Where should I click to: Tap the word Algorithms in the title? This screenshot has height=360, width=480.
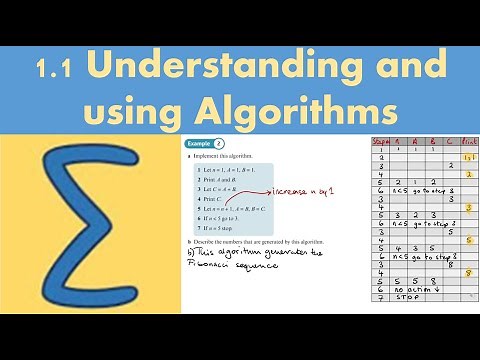pos(305,108)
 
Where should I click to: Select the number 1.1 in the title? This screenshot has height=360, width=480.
pos(56,70)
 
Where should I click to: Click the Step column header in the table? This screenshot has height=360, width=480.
pos(380,142)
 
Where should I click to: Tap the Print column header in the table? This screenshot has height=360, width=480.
pos(468,142)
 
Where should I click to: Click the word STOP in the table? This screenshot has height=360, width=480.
pos(405,296)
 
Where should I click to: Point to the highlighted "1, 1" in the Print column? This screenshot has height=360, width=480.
pos(468,157)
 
